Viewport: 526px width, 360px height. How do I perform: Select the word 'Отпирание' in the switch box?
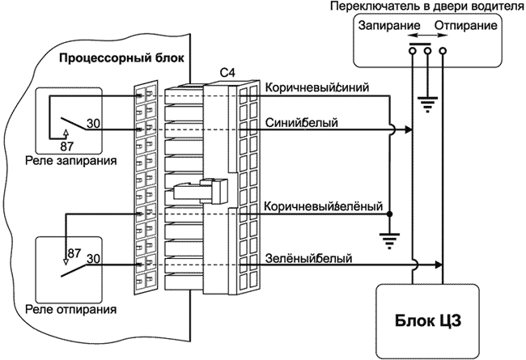click(465, 26)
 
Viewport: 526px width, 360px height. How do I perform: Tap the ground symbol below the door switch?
click(427, 104)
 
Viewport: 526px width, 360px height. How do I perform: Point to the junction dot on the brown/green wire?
click(390, 214)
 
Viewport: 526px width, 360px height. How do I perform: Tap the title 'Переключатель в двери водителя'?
click(423, 6)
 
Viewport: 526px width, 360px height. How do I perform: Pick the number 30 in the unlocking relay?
click(93, 259)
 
